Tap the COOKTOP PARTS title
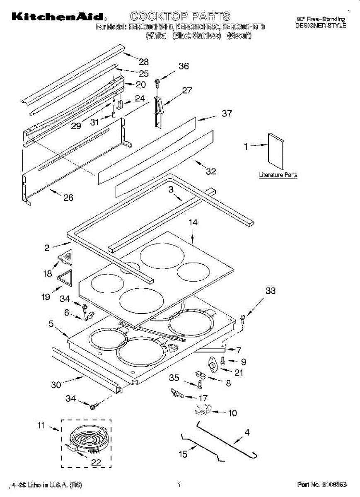coord(180,16)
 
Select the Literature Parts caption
coord(278,175)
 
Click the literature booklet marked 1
coord(276,152)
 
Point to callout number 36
coord(184,66)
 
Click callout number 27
coord(187,90)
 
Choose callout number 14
coord(193,222)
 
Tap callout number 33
coord(270,291)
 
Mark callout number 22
coord(96,463)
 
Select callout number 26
coord(68,198)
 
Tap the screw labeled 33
coord(243,318)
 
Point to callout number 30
coord(56,385)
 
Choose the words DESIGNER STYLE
coord(321,25)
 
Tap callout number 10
coord(232,413)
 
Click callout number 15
coord(183,454)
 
